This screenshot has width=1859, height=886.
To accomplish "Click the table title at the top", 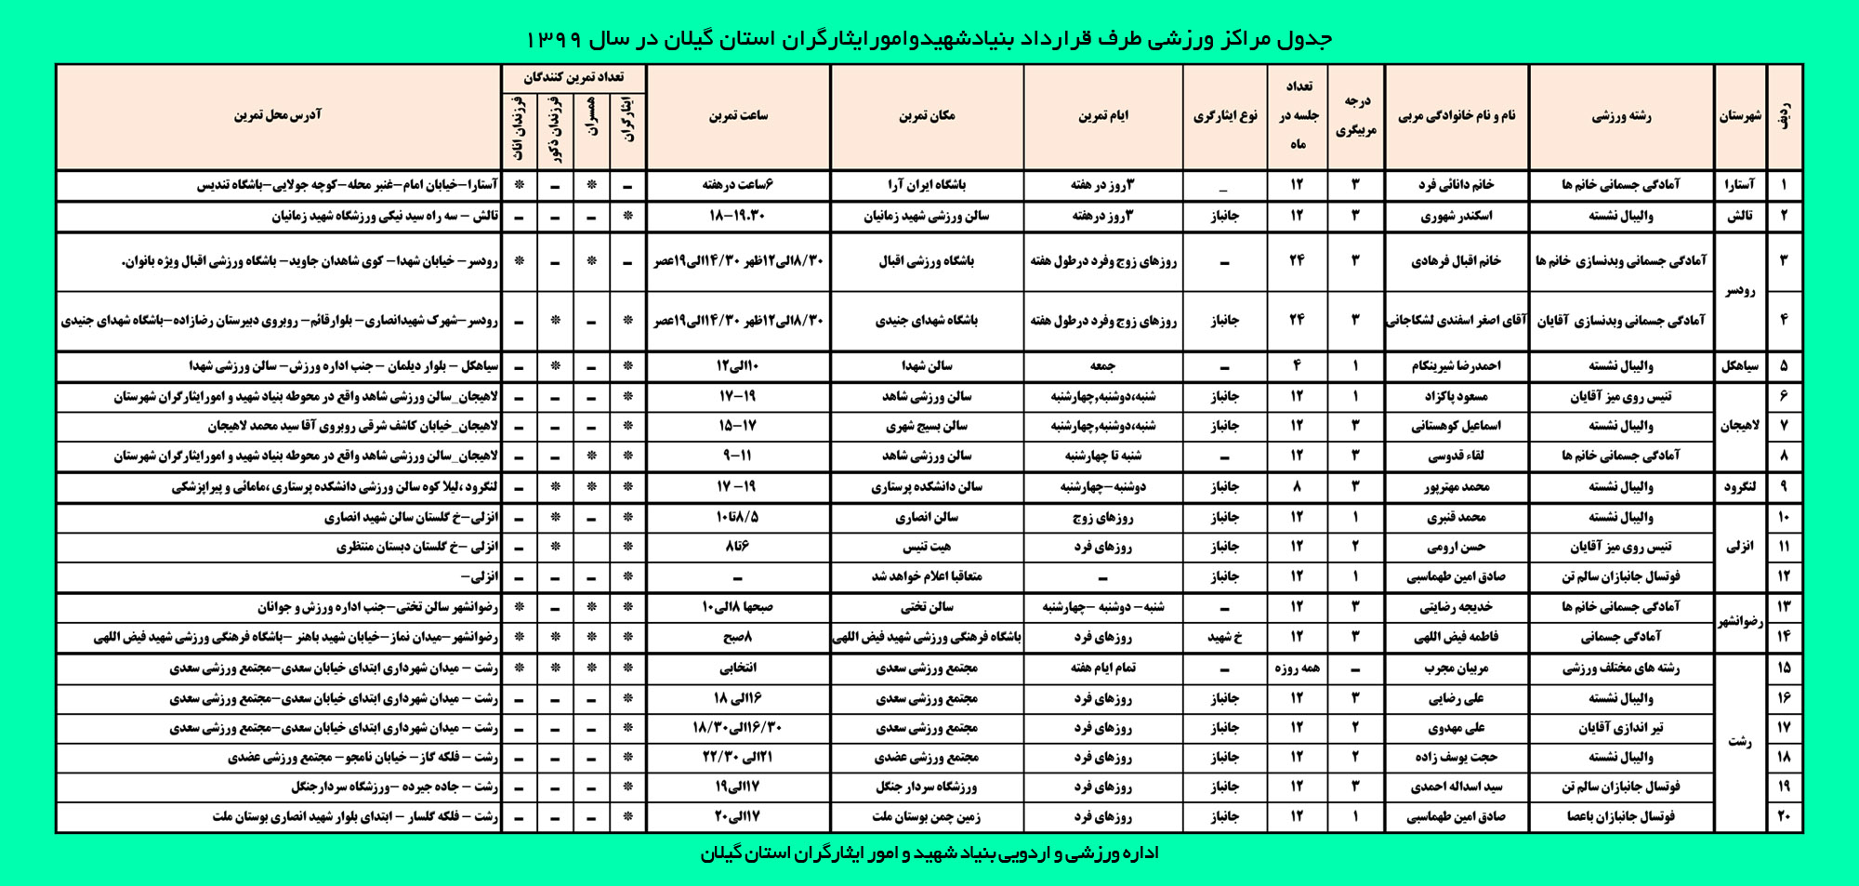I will pos(929,38).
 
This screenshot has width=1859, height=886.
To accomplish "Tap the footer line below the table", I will pos(929,853).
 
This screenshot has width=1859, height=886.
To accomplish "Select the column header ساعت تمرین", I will pos(738,116).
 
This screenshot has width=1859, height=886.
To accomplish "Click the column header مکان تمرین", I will pos(927,116).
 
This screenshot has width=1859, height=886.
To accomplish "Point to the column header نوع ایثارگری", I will pos(1224,116).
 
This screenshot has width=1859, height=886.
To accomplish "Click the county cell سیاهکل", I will pos(1739,366).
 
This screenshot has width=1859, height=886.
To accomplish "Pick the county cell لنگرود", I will pos(1739,487).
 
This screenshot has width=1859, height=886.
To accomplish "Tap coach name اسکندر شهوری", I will pos(1456,217).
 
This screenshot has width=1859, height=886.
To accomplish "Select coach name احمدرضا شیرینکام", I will pos(1456,366).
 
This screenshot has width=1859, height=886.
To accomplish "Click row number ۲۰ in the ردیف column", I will pos(1784,816).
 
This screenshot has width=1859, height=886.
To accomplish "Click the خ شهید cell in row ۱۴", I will pos(1224,638).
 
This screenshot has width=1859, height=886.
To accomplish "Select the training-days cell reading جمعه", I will pos(1102,366).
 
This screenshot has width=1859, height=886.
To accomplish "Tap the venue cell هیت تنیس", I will pos(927,547).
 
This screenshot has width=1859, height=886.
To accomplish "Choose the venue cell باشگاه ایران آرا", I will pos(927,185).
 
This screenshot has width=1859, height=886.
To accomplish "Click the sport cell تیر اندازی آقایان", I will pos(1620,728).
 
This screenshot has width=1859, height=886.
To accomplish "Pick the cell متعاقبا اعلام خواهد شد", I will pos(927,576).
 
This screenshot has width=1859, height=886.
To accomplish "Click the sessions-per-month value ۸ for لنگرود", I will pos(1297,487).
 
